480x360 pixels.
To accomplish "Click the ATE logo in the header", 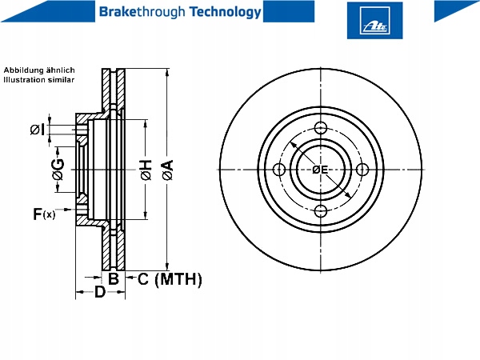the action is (374, 21).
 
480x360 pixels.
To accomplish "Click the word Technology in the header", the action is (225, 12).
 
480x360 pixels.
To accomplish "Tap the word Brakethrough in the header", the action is (142, 12).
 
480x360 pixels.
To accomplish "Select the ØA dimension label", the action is (168, 170).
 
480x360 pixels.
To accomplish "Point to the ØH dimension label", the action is (146, 170).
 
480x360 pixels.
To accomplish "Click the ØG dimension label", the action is (58, 170).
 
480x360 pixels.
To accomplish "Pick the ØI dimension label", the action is (38, 130).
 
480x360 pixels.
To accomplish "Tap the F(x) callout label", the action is (44, 214).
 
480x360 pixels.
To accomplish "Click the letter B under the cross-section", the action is (114, 278).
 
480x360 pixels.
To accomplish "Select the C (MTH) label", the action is (170, 279).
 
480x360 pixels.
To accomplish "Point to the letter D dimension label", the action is (100, 292).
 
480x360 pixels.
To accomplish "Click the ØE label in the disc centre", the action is (320, 170).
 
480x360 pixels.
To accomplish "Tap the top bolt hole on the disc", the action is (321, 128).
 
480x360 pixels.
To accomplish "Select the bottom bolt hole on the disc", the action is (321, 210).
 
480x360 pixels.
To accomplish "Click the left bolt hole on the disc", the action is (279, 170).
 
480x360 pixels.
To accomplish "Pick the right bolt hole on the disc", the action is (362, 170).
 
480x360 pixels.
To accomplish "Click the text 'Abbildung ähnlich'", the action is (39, 70).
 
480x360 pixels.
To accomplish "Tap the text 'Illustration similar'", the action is (39, 79).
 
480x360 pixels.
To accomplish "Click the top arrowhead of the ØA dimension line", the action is (167, 73).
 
